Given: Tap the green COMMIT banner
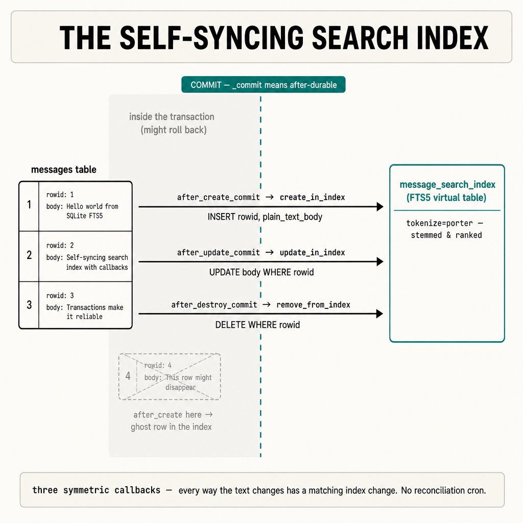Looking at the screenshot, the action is (x=264, y=85).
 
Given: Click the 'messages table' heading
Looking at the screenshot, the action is (x=64, y=170).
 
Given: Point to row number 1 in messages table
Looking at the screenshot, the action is (x=29, y=204).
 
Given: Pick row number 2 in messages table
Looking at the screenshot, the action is (x=29, y=255).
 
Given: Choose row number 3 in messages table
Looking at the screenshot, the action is (x=29, y=304).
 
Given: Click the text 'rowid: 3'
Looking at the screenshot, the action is (x=60, y=296).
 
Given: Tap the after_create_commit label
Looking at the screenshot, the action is (x=219, y=197).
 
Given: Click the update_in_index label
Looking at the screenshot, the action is (x=312, y=252).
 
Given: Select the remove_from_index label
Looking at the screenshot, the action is (x=313, y=304).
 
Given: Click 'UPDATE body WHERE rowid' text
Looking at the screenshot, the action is (x=261, y=272).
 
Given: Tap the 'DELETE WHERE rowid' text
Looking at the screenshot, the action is (x=257, y=324).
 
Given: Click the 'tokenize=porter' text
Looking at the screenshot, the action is (x=439, y=223).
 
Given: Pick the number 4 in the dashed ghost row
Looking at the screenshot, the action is (x=128, y=376).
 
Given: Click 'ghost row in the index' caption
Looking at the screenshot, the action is (x=171, y=426).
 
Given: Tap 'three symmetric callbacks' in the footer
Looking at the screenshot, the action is (x=97, y=490).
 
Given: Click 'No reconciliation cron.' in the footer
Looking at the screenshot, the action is (x=444, y=490).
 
